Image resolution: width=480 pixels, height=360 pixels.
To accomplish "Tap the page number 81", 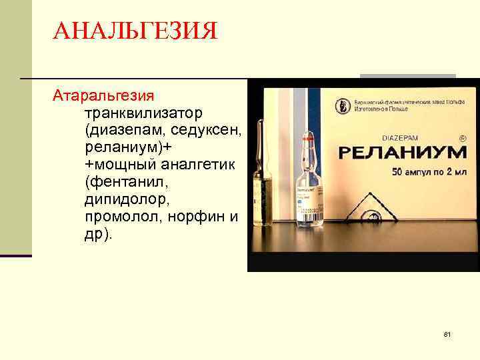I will pyautogui.click(x=447, y=334).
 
